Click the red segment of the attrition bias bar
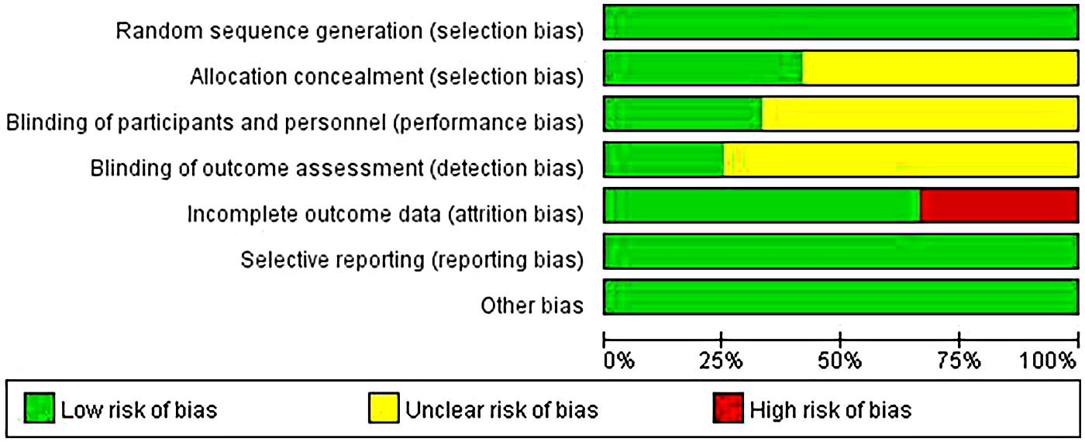tap(998, 205)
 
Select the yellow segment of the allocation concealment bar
tap(939, 68)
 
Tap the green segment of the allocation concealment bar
tap(703, 68)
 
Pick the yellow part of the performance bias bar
tap(919, 114)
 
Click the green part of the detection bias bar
tap(663, 160)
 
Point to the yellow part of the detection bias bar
tap(900, 160)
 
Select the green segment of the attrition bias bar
tap(762, 205)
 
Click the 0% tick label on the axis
tap(619, 361)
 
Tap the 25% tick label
tap(722, 361)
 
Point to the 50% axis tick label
tap(840, 361)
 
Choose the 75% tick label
tap(959, 361)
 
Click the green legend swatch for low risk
tap(39, 409)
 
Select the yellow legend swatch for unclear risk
tap(383, 409)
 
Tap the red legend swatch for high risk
tap(727, 409)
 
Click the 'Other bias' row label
tap(532, 306)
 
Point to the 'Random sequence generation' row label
tap(350, 31)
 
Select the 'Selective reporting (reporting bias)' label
tap(412, 260)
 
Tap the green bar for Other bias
tap(841, 297)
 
